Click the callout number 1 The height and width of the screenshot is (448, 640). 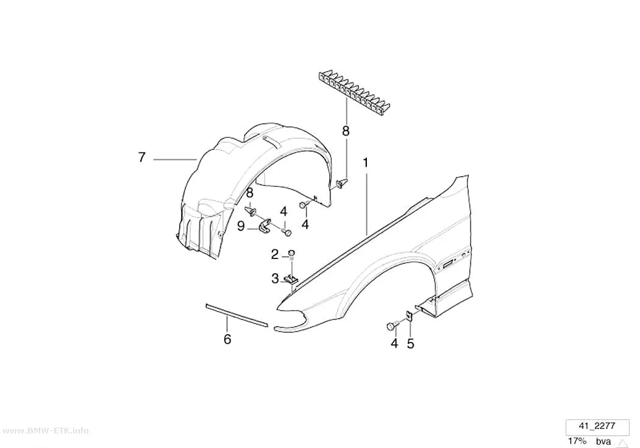pyautogui.click(x=366, y=163)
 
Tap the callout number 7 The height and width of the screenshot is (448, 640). pyautogui.click(x=141, y=157)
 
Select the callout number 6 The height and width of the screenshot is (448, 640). pyautogui.click(x=227, y=339)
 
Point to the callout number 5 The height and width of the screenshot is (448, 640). pyautogui.click(x=410, y=344)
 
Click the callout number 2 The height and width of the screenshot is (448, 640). pyautogui.click(x=275, y=255)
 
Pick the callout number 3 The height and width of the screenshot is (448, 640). pyautogui.click(x=275, y=279)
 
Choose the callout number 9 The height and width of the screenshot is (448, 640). pyautogui.click(x=241, y=226)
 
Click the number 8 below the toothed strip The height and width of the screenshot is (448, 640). pyautogui.click(x=346, y=131)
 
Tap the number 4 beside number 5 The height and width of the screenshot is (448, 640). pyautogui.click(x=394, y=344)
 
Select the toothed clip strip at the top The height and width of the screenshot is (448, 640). pyautogui.click(x=353, y=91)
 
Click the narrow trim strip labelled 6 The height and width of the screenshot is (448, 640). pyautogui.click(x=236, y=315)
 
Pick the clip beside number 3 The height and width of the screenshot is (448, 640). pyautogui.click(x=291, y=279)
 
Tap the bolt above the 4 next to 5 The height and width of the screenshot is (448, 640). pyautogui.click(x=392, y=326)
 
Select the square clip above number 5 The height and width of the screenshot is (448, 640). pyautogui.click(x=409, y=316)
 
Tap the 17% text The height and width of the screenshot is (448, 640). pyautogui.click(x=577, y=441)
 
